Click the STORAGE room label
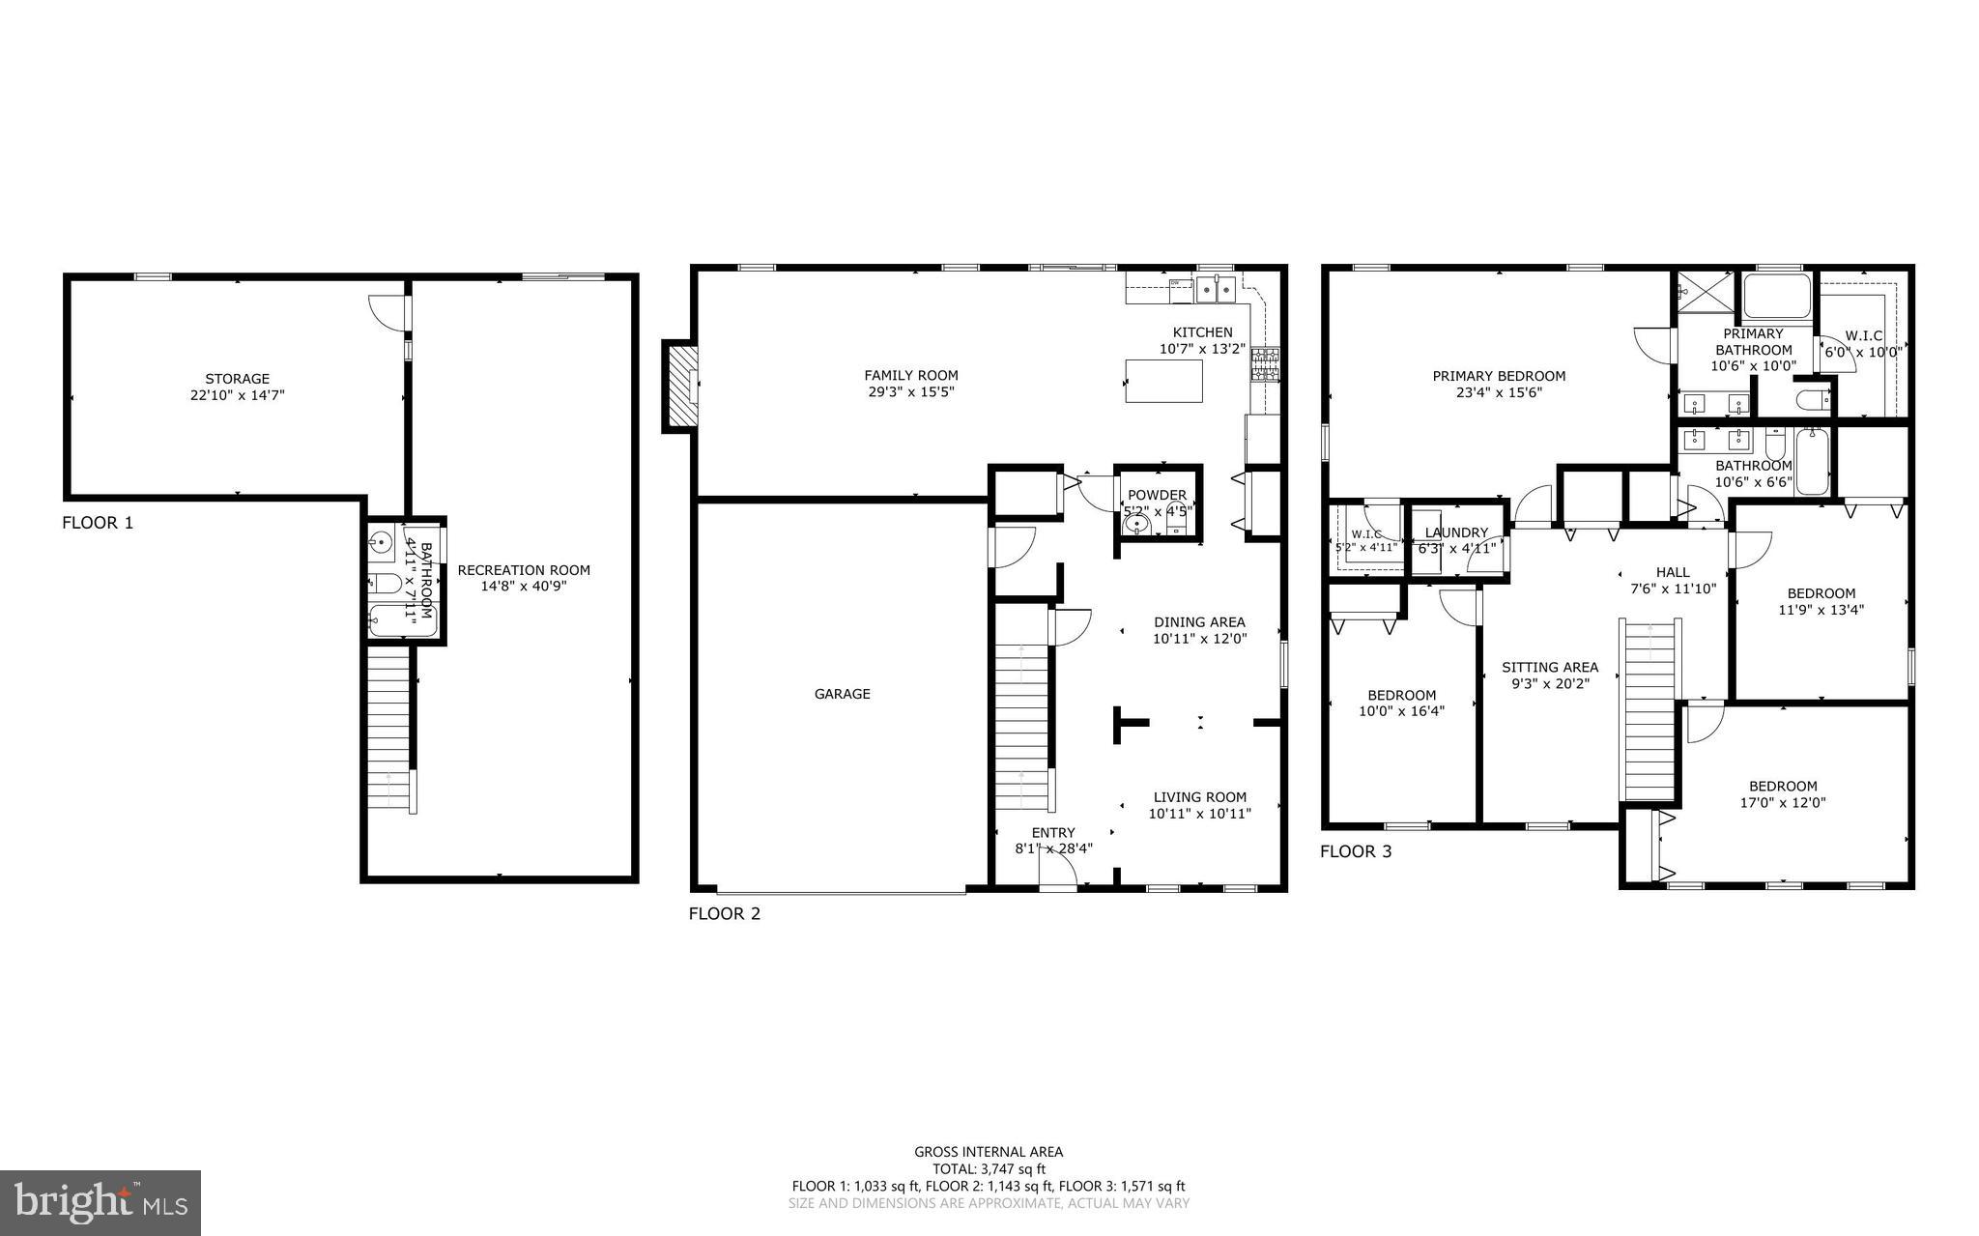point(237,379)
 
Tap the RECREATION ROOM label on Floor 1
point(523,570)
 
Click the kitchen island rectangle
point(1163,381)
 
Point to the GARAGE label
point(842,694)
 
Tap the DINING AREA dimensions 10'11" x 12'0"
point(1199,639)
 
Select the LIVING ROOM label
point(1199,797)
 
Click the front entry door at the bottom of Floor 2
point(1058,873)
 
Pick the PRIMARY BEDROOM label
point(1498,376)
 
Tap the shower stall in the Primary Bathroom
point(1704,291)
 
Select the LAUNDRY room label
point(1456,532)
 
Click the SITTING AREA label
point(1549,667)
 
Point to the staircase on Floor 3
point(1650,710)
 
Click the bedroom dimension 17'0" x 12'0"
point(1782,803)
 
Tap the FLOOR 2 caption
point(724,913)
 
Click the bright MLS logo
point(100,1202)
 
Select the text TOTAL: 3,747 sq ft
point(989,1168)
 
